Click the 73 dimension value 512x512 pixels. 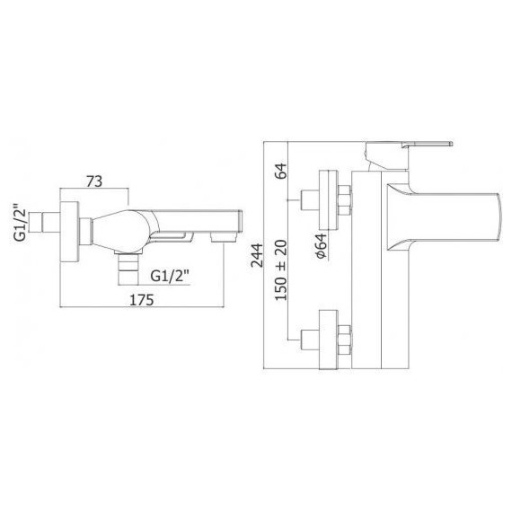(x=94, y=181)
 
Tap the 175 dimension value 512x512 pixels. (x=142, y=300)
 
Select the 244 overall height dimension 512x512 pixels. (x=257, y=255)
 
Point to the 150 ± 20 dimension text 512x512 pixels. (x=281, y=270)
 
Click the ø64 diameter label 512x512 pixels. (x=322, y=246)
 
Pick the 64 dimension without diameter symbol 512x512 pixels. (x=281, y=171)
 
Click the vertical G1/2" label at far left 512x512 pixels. (x=21, y=223)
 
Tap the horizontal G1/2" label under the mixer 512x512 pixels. (x=170, y=277)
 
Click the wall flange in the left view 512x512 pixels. (x=69, y=232)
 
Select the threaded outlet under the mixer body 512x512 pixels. (x=128, y=269)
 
